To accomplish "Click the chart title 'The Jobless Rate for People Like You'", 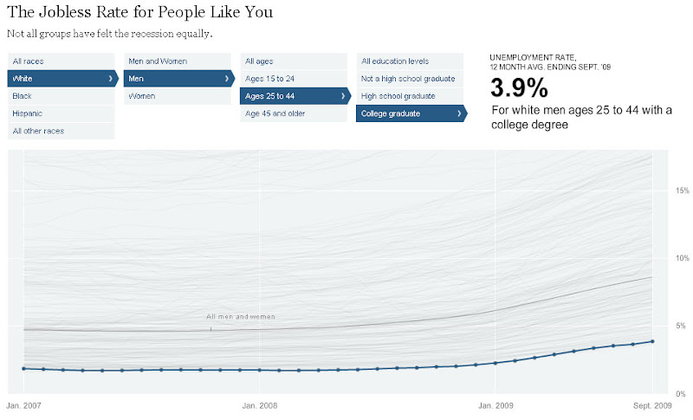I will pyautogui.click(x=139, y=12).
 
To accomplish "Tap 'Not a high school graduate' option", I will pyautogui.click(x=408, y=79).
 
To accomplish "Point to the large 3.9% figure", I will pyautogui.click(x=520, y=87).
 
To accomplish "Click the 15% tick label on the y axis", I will pyautogui.click(x=683, y=191).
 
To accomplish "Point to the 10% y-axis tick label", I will pyautogui.click(x=683, y=258).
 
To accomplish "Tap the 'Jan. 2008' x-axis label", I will pyautogui.click(x=260, y=404).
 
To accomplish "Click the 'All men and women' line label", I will pyautogui.click(x=241, y=317).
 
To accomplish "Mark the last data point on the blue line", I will pyautogui.click(x=652, y=341).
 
